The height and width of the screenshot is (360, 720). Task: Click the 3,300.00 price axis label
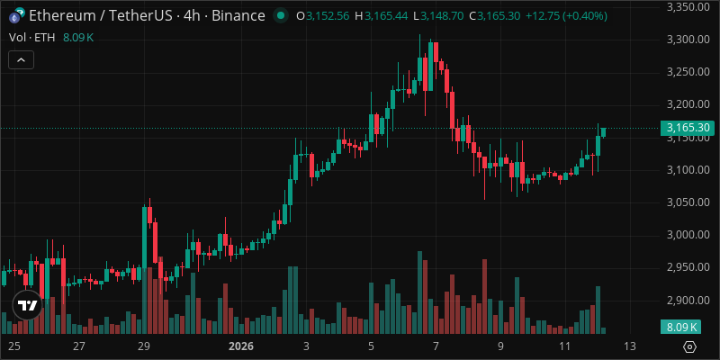coord(688,40)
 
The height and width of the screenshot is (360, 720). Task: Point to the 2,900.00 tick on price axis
coord(688,300)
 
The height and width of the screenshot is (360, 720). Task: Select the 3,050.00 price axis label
coord(688,202)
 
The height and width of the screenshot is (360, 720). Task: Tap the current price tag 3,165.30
coord(688,129)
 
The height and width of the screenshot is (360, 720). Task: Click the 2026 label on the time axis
coord(241,346)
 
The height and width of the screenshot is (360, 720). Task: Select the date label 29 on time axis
coord(142,346)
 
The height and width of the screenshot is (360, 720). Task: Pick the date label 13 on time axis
coord(630,346)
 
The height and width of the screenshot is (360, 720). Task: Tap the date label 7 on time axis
coord(436,346)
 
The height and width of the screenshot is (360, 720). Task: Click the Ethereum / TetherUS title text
coord(103,16)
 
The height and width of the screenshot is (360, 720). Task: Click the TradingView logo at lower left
coord(28,304)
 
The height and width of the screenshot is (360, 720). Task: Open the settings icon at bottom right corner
coord(689,346)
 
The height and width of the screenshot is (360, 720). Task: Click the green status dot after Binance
coord(282,16)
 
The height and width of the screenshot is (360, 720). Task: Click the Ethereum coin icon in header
coord(14,16)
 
